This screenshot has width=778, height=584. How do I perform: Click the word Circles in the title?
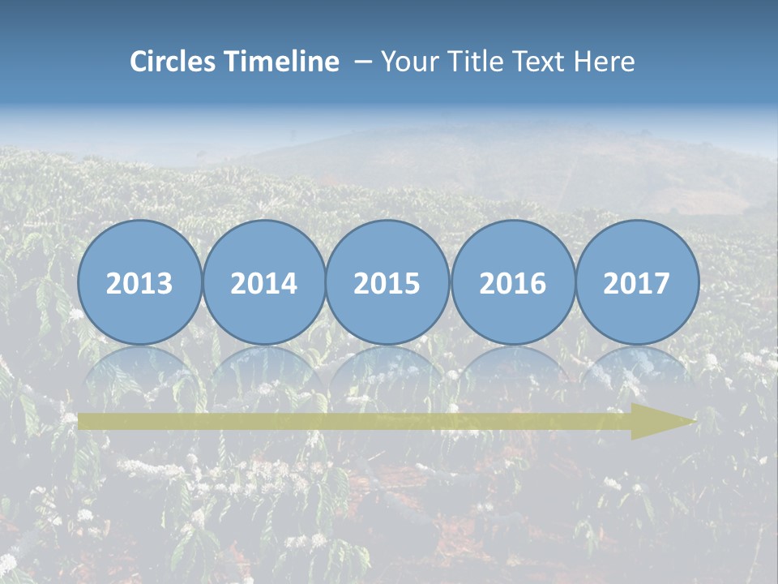click(x=174, y=62)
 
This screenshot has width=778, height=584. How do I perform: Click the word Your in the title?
click(x=408, y=62)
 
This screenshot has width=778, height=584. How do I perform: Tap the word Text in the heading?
click(x=538, y=62)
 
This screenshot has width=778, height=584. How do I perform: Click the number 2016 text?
click(x=512, y=284)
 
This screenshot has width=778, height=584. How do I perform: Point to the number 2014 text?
click(x=264, y=284)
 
